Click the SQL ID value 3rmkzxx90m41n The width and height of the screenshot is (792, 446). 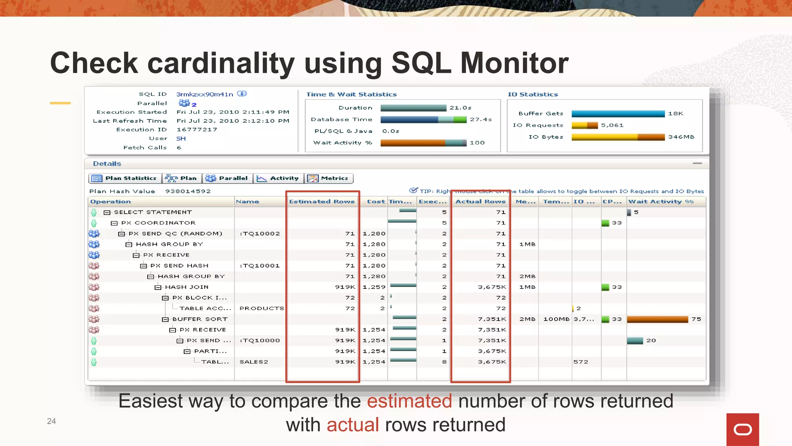click(205, 94)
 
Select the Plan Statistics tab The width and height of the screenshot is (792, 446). click(125, 178)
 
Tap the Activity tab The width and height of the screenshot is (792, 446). click(278, 178)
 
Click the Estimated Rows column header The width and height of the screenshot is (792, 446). click(322, 201)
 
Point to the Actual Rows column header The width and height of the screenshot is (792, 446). click(480, 201)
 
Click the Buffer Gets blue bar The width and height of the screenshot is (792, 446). click(618, 113)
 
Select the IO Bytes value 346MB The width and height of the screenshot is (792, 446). click(681, 137)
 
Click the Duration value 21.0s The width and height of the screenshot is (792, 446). click(460, 108)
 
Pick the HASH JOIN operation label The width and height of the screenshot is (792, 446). click(186, 287)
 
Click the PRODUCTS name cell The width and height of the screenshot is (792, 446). click(261, 308)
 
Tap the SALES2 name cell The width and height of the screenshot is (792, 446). click(254, 362)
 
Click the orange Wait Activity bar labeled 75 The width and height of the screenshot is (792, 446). click(657, 319)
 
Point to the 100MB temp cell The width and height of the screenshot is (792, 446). click(556, 319)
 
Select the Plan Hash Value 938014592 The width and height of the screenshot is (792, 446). click(188, 191)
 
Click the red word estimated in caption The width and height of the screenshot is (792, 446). click(409, 401)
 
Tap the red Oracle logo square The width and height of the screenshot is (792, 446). click(742, 429)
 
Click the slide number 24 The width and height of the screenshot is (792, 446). click(51, 421)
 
